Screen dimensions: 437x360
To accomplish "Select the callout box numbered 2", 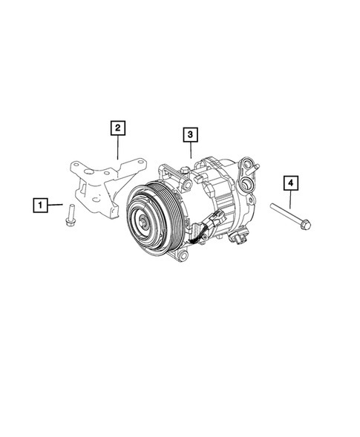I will [x=118, y=128].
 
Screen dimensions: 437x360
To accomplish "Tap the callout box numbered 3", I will [x=191, y=134].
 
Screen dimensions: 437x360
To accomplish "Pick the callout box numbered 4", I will [x=291, y=183].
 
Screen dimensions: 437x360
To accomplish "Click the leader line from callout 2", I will [x=118, y=148].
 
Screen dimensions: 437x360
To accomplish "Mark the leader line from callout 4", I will [x=291, y=198].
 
